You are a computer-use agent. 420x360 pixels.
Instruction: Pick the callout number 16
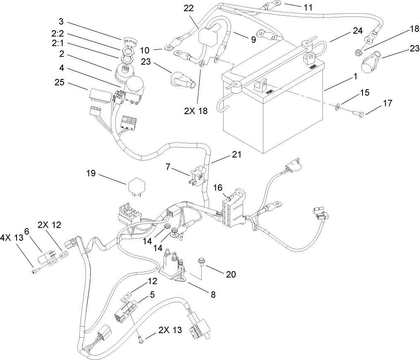coord(218,188)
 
